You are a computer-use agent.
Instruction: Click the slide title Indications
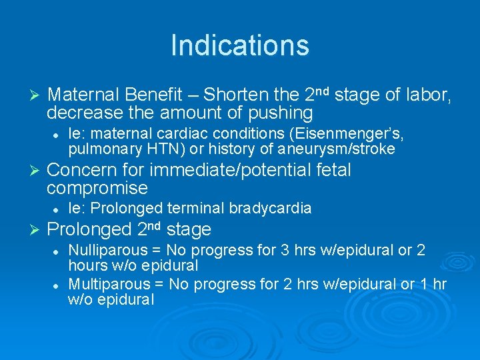click(240, 45)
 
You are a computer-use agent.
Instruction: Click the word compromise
click(97, 189)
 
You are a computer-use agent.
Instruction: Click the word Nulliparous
click(107, 251)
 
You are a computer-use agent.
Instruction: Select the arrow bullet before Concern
click(36, 171)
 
